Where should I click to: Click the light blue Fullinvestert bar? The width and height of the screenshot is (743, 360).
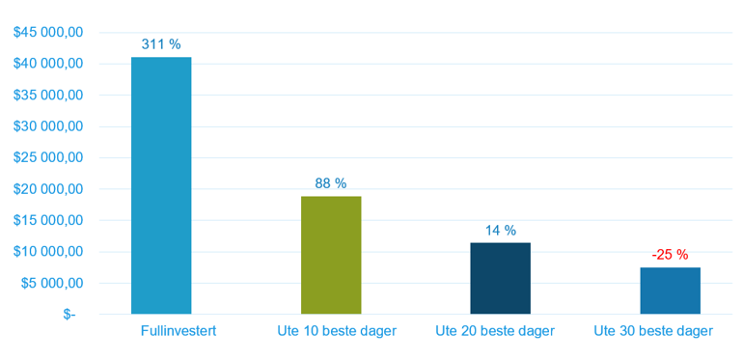click(x=161, y=185)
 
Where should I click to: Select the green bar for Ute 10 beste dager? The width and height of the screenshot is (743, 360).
click(x=331, y=255)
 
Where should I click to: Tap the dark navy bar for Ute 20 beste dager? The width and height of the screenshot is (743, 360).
click(x=501, y=278)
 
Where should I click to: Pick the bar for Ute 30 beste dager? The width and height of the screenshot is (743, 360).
click(x=670, y=291)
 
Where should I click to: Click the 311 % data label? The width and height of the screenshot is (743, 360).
click(x=161, y=44)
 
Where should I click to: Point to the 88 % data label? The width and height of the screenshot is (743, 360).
click(x=331, y=183)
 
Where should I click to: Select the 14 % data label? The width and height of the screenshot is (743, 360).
click(x=501, y=231)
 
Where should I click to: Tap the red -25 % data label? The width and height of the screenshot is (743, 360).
click(x=670, y=255)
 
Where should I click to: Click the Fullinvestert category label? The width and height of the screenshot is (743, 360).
click(x=179, y=331)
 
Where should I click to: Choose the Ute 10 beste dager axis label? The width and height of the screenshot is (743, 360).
click(x=337, y=331)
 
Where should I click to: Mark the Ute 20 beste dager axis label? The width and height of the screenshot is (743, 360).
click(x=495, y=331)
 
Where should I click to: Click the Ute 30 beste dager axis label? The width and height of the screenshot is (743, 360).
click(x=653, y=331)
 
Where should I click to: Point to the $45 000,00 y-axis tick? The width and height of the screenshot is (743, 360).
click(x=48, y=33)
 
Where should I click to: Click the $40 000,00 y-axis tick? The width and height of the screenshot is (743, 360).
click(x=48, y=64)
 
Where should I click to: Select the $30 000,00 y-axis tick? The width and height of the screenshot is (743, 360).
click(x=48, y=126)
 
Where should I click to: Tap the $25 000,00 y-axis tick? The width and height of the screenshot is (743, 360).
click(x=48, y=157)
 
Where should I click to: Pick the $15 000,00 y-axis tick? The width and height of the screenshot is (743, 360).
click(x=48, y=220)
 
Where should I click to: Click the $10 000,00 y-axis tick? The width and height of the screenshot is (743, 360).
click(x=48, y=252)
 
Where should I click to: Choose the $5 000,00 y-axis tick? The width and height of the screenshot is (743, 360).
click(x=53, y=283)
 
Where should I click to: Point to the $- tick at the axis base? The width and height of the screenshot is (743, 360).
click(x=69, y=314)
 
